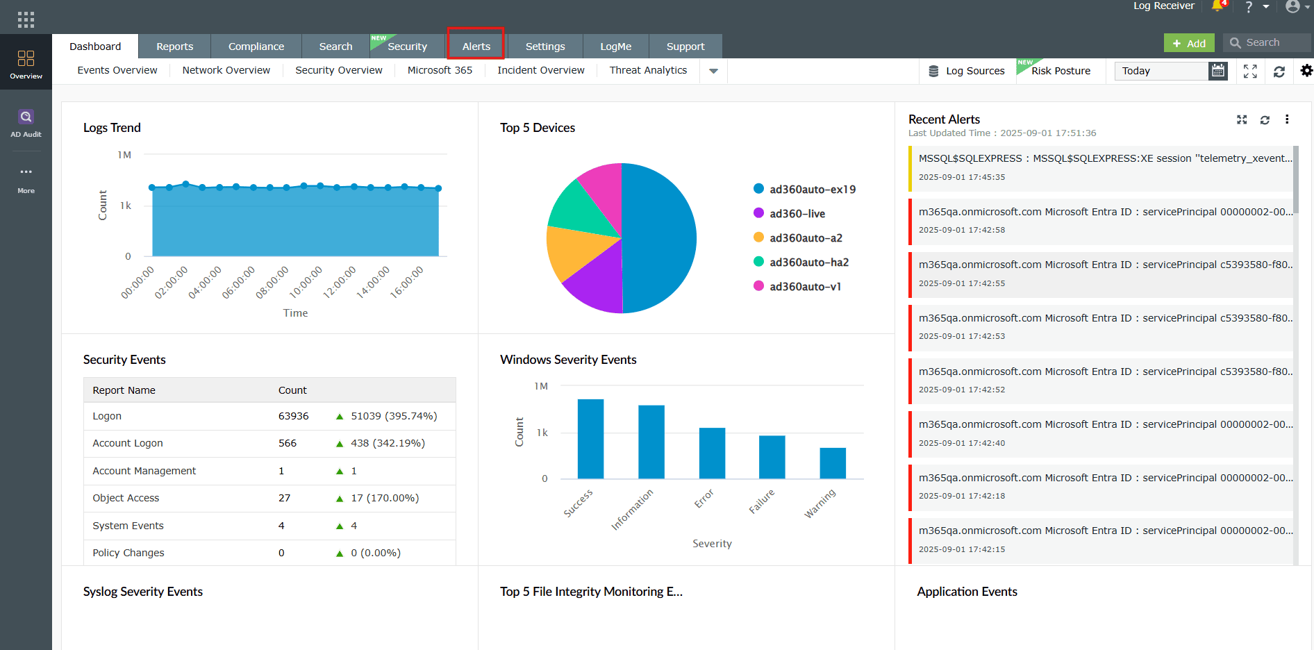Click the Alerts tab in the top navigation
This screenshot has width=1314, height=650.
[476, 47]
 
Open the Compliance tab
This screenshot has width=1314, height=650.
[256, 47]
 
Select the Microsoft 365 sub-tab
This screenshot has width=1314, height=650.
[440, 70]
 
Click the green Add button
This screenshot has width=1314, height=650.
[1189, 43]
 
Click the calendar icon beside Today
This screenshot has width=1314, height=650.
[1218, 71]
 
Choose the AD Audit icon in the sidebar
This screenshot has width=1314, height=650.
[26, 122]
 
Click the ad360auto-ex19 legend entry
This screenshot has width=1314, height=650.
[812, 189]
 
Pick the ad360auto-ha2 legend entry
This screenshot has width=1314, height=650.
[808, 262]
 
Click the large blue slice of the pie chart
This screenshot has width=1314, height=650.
[660, 236]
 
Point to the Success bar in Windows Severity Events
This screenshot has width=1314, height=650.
[590, 439]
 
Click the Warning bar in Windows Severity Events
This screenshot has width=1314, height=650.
[833, 463]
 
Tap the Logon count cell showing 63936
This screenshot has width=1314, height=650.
[293, 416]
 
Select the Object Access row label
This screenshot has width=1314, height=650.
[126, 498]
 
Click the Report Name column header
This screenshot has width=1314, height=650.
[124, 390]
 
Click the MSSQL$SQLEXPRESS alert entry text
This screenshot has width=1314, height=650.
[1105, 158]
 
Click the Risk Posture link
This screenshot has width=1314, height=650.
[1061, 71]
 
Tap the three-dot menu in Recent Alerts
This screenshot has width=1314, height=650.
[1287, 119]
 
